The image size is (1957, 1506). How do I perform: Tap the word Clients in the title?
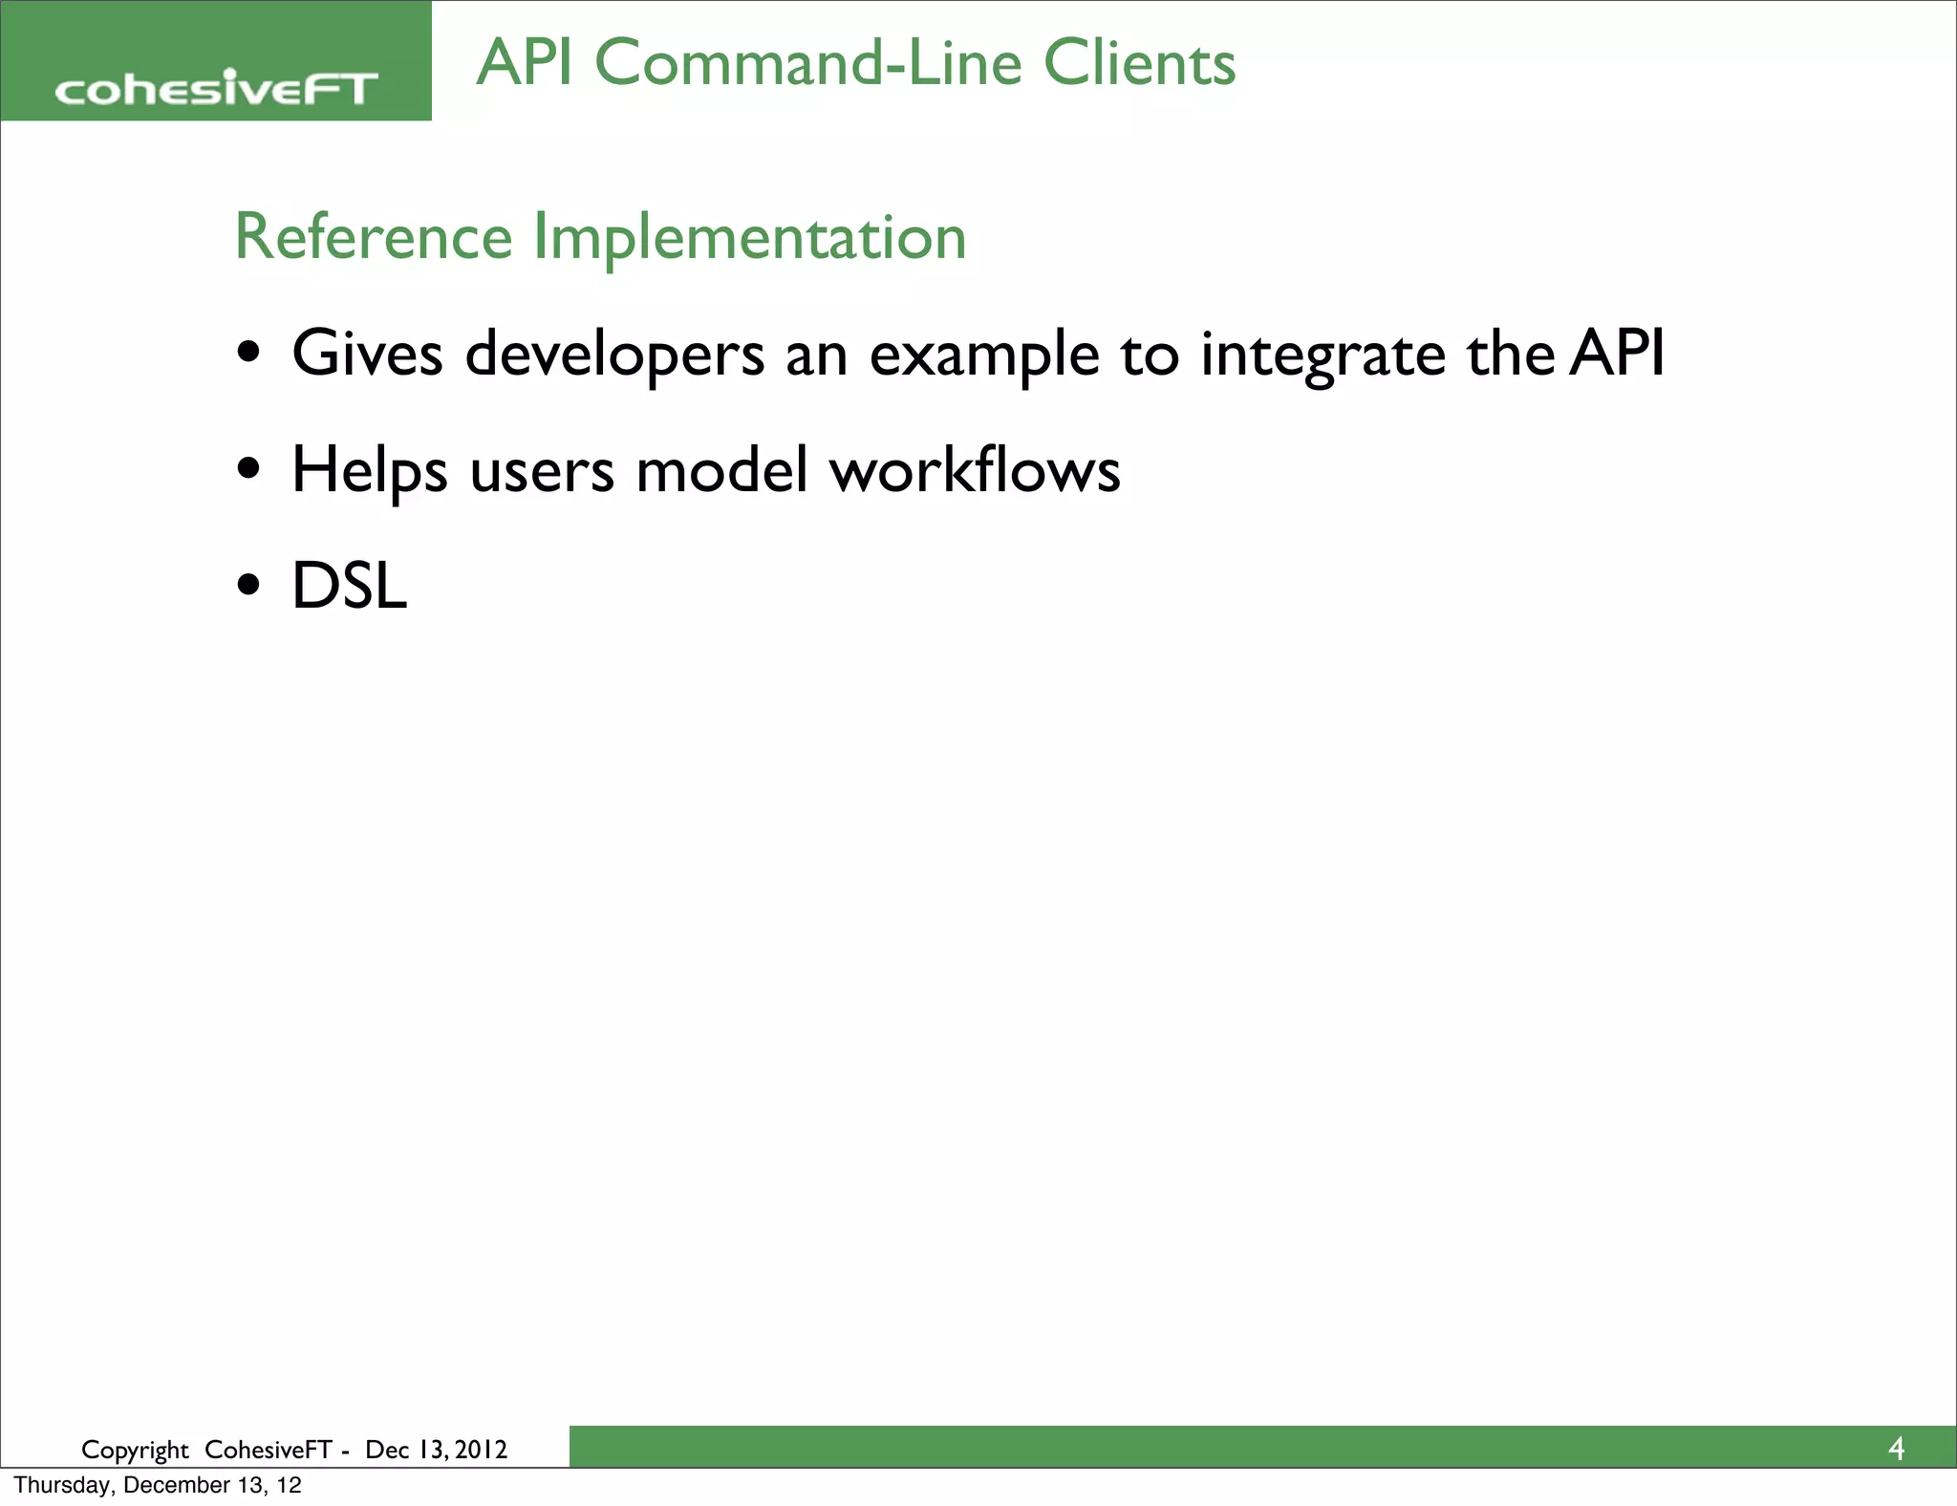tap(1139, 63)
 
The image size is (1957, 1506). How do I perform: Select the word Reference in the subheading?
tap(374, 237)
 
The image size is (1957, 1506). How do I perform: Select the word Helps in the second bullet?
tap(369, 471)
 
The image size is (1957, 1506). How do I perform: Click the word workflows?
tap(974, 470)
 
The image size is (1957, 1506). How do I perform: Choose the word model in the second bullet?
tap(721, 470)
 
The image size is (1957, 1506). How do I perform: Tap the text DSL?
tap(349, 586)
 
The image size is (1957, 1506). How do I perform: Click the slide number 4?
tap(1896, 1450)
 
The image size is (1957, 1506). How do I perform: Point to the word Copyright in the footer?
tap(135, 1451)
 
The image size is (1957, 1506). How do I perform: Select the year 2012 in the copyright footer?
tap(481, 1450)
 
